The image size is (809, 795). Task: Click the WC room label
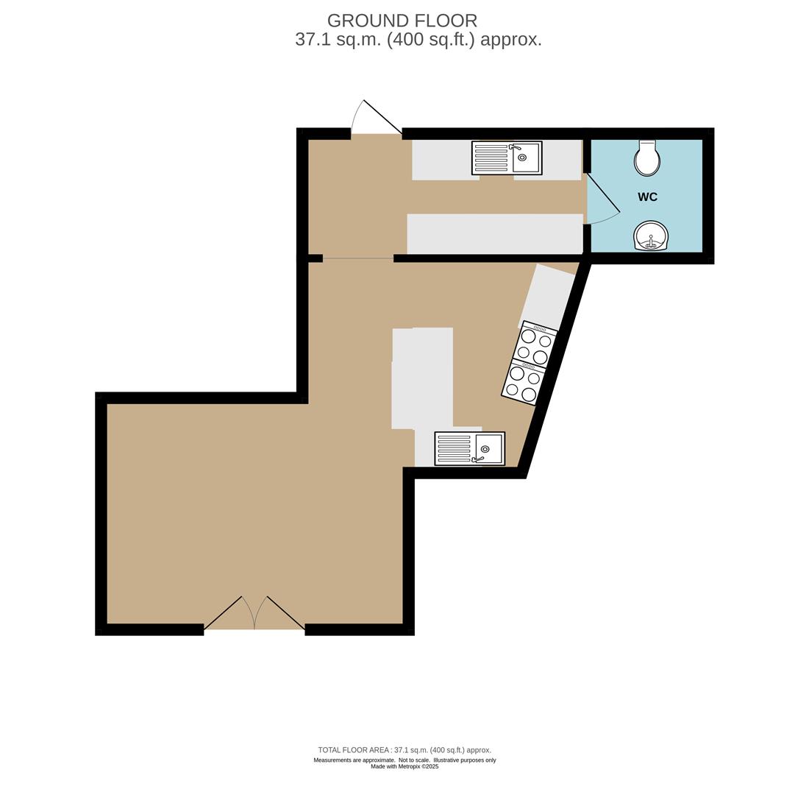(647, 197)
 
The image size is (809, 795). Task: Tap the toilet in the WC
(647, 158)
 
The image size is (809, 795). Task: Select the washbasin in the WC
(650, 236)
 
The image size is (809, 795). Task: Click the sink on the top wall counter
(507, 158)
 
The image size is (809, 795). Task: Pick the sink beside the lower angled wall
(469, 448)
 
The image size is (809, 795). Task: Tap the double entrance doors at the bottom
(254, 615)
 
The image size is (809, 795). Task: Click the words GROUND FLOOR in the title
(402, 21)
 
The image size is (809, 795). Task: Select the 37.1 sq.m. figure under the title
(337, 40)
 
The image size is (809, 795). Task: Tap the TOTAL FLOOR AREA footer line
(404, 750)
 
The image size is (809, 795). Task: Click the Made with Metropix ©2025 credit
(404, 766)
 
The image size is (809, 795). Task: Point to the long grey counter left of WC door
(495, 233)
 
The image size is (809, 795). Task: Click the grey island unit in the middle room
(422, 378)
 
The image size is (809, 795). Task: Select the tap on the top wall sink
(514, 147)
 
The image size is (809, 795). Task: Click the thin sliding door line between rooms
(358, 258)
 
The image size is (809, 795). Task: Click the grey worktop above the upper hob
(548, 294)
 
